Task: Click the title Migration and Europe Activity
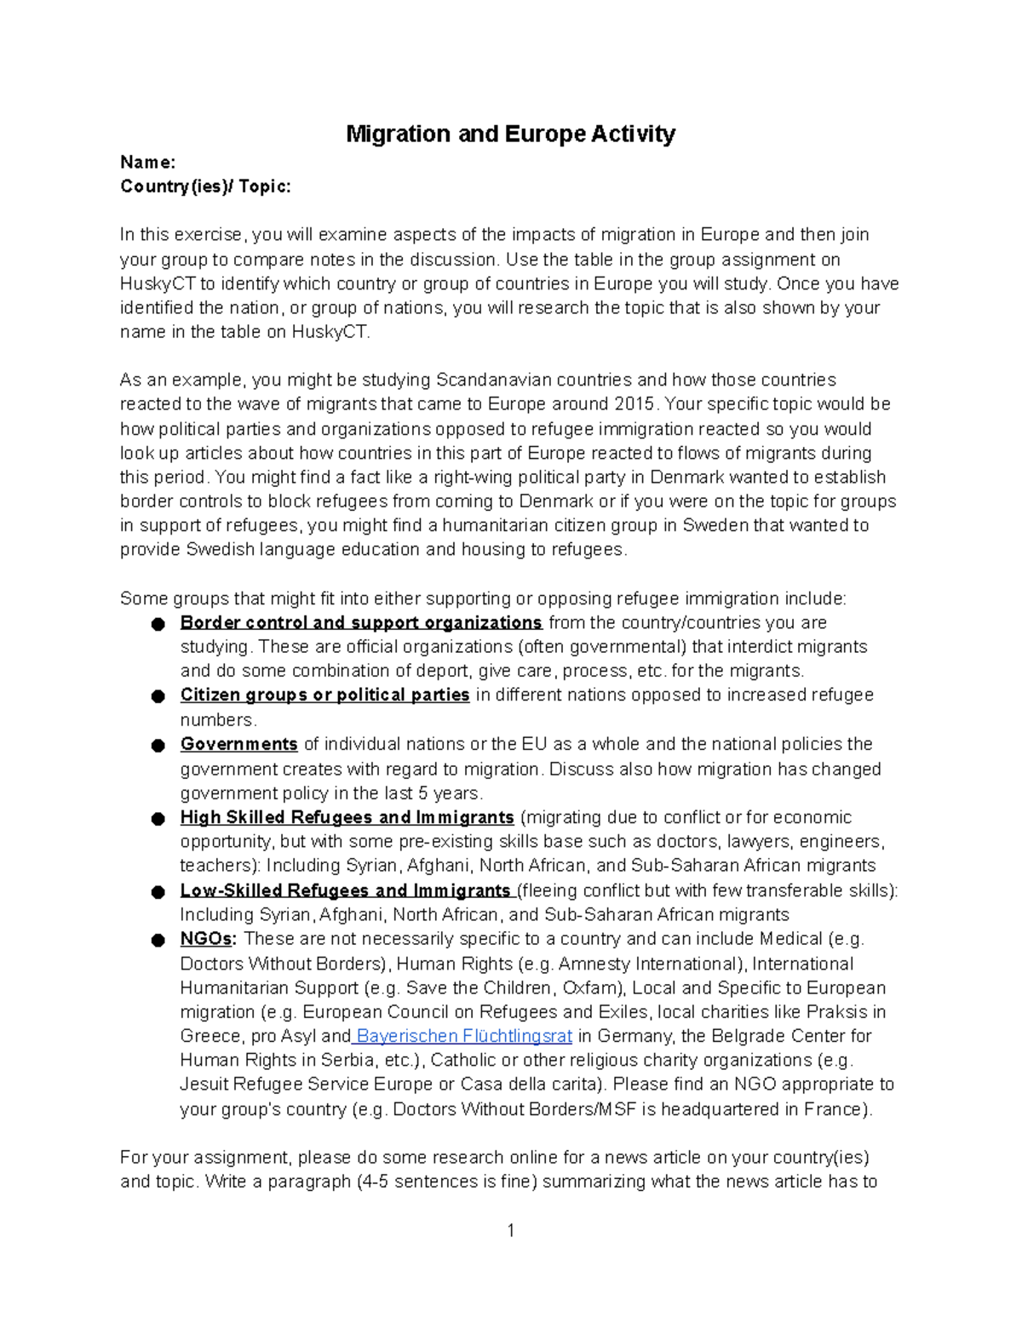point(510,134)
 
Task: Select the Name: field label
point(147,162)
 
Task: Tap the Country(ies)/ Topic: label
point(205,186)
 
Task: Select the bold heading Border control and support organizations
point(361,622)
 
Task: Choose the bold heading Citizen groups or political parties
point(324,695)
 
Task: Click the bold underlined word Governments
point(238,744)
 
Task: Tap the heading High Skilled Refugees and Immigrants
point(347,817)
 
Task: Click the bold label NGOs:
point(209,939)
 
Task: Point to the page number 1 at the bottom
point(510,1230)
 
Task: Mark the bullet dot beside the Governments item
point(158,746)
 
